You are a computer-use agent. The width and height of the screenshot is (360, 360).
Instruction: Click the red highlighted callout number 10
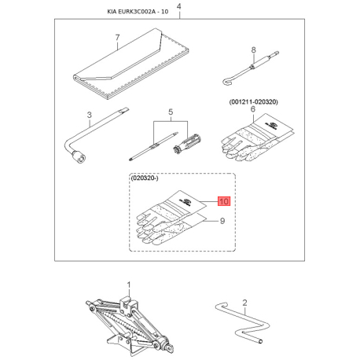(224, 201)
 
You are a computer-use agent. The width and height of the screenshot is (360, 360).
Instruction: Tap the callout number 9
(222, 221)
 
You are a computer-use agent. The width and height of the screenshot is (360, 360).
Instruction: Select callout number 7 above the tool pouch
(117, 38)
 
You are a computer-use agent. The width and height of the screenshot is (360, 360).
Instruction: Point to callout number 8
(253, 50)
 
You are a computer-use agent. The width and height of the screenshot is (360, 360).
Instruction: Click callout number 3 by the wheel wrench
(90, 115)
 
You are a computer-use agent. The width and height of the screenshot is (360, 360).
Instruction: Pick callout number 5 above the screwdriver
(171, 112)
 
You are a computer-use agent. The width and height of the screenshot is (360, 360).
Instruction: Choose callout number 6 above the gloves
(253, 108)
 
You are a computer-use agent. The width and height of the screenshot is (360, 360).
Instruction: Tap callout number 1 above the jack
(129, 285)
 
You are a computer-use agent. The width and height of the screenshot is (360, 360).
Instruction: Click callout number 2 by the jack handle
(244, 303)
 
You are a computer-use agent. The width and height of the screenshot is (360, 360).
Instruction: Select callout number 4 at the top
(179, 6)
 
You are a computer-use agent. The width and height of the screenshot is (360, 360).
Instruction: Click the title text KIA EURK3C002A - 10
(138, 12)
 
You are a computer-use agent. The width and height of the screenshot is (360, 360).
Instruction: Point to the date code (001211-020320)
(254, 101)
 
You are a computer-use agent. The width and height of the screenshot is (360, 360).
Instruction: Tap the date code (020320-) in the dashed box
(145, 178)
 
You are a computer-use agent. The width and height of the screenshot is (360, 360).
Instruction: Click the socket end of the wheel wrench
(79, 157)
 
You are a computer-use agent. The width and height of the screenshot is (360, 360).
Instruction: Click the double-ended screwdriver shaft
(153, 146)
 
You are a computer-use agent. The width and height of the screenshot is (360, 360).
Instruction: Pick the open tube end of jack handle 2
(260, 341)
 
